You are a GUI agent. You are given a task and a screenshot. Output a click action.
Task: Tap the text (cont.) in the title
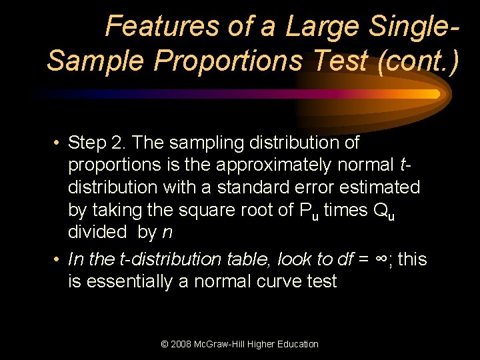417,61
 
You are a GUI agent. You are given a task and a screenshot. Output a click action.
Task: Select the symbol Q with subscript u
375,211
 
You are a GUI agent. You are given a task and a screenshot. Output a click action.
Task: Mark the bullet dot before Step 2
58,143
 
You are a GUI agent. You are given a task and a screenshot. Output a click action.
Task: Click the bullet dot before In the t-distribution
58,259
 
